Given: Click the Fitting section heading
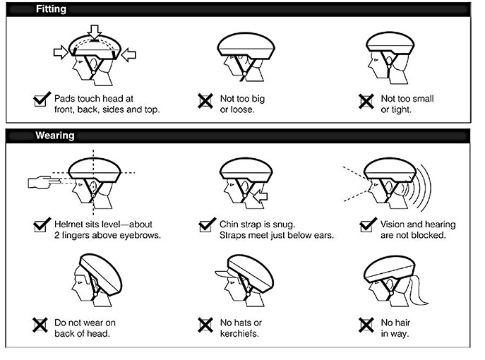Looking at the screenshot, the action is click(x=51, y=9).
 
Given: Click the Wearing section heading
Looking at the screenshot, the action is click(x=55, y=136).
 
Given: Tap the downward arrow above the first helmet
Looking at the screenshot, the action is click(x=95, y=32).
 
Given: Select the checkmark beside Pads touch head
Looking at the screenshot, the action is click(x=42, y=99).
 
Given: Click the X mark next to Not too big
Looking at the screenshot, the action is click(x=205, y=101).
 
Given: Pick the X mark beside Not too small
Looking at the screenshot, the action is click(x=366, y=101).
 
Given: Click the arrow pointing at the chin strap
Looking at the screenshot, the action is click(x=260, y=196).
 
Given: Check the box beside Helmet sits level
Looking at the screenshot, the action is click(x=42, y=225).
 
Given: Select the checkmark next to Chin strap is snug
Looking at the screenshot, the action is click(x=207, y=225).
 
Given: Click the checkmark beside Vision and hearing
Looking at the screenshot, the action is click(x=368, y=225).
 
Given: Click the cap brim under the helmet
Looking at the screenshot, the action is click(x=223, y=274).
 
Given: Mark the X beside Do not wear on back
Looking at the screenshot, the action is click(x=40, y=325).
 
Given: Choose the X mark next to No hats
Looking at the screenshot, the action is click(x=205, y=325).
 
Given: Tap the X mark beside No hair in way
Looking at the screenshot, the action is click(x=366, y=325).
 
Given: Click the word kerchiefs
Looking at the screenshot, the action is click(x=239, y=334).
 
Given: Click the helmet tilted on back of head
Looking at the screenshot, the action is click(x=101, y=273).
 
